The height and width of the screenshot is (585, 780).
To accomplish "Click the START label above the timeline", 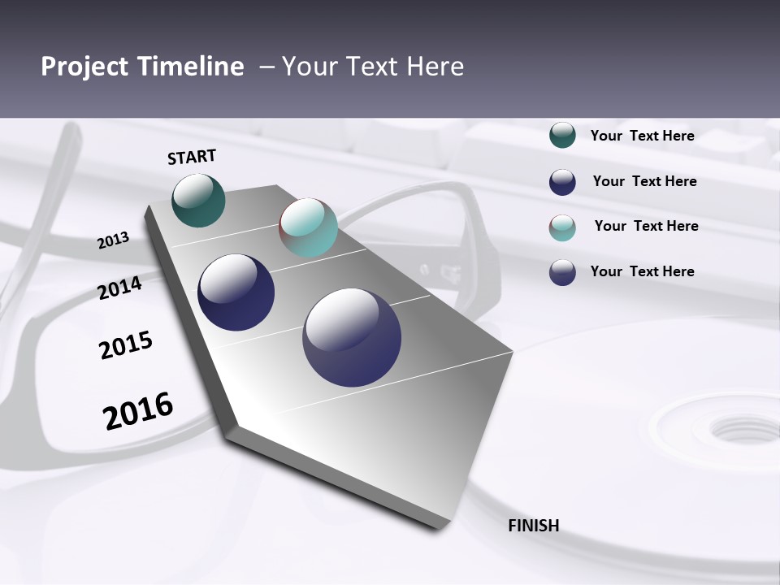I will click(x=192, y=157).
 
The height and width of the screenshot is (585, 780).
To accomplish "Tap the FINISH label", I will click(x=533, y=526).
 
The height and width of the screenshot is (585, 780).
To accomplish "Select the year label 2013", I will click(x=113, y=240).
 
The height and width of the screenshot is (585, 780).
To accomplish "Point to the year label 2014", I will click(x=119, y=288).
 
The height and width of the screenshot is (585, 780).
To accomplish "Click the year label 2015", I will click(x=126, y=344).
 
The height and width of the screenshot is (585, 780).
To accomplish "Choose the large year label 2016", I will click(x=138, y=411).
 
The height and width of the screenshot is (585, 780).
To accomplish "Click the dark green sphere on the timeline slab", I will click(x=198, y=200).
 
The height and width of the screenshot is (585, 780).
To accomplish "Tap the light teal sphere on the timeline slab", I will click(x=308, y=227).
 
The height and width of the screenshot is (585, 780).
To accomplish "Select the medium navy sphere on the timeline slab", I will click(x=236, y=292).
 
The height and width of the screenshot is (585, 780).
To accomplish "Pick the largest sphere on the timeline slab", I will click(x=352, y=337).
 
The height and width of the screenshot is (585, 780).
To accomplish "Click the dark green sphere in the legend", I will click(x=562, y=135).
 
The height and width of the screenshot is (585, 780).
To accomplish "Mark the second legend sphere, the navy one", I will click(x=562, y=182).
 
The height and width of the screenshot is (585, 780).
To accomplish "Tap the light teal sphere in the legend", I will click(x=562, y=227).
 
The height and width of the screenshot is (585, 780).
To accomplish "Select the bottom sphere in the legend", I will click(x=562, y=272).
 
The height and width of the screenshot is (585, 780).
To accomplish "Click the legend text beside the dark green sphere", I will click(x=642, y=136).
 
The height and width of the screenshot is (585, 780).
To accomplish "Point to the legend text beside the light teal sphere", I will click(x=646, y=226).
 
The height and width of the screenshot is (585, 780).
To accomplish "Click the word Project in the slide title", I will click(x=86, y=67).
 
